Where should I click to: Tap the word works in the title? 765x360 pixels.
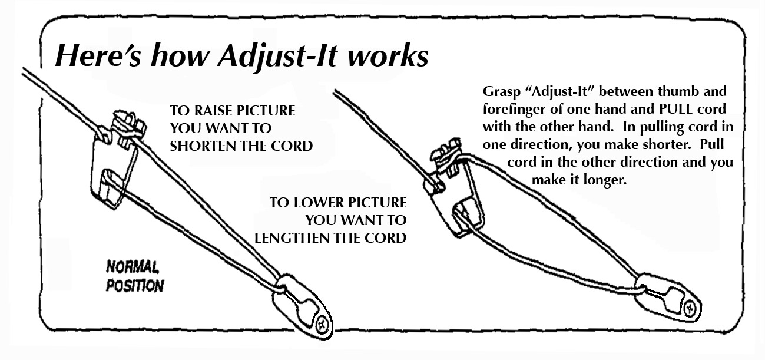click(x=388, y=55)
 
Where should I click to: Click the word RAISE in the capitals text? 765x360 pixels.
click(x=213, y=111)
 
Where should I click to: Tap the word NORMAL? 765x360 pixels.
click(x=133, y=267)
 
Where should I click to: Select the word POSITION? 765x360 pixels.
click(x=135, y=286)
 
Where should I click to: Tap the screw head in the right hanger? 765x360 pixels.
click(x=690, y=309)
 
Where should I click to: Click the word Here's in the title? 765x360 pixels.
click(x=98, y=55)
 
